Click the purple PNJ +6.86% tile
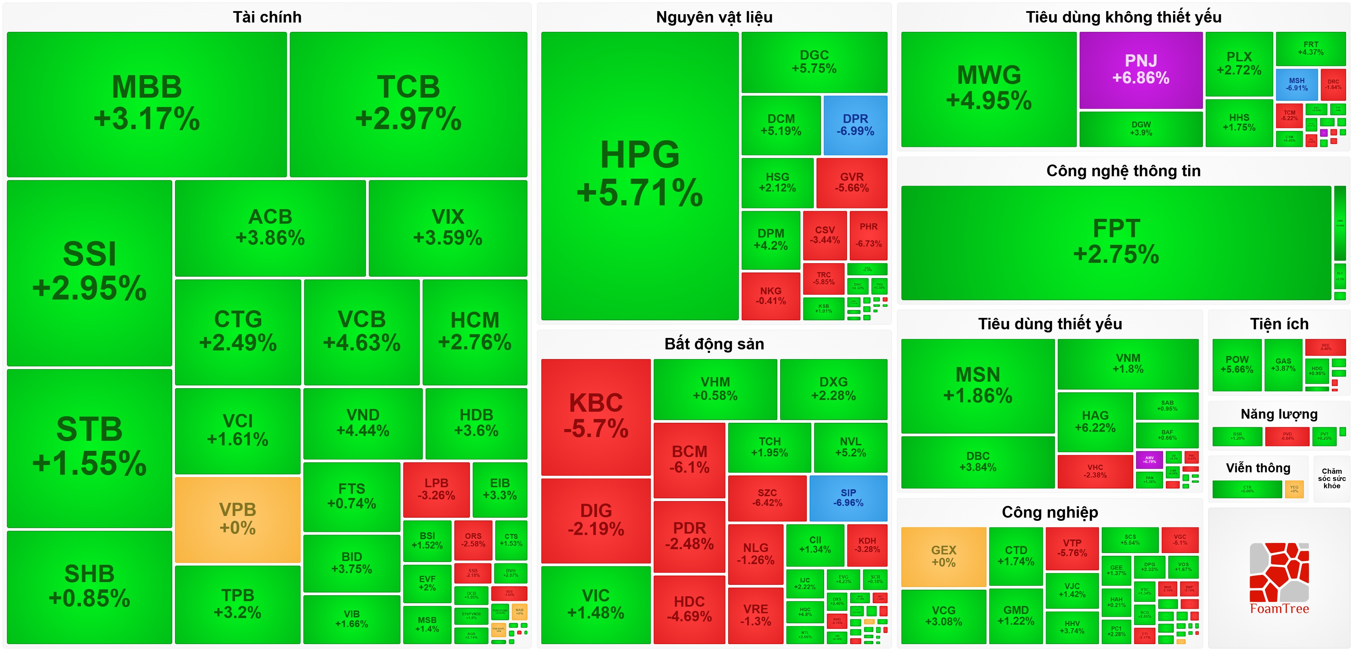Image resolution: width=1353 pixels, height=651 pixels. [x=1141, y=70]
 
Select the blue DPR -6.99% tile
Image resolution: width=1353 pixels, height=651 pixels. [x=855, y=125]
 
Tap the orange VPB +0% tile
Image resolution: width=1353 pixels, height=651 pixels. [x=237, y=519]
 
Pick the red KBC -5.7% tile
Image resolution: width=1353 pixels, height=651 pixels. [x=596, y=416]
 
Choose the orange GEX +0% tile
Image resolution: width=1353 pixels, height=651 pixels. [x=943, y=556]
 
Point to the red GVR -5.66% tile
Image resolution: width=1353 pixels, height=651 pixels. [x=852, y=182]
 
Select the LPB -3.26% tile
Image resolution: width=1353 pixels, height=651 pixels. [x=436, y=489]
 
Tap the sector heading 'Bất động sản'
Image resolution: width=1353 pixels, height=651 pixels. [x=714, y=344]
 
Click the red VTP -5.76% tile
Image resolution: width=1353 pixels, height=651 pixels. [x=1072, y=548]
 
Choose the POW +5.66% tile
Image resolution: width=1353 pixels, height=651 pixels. [x=1237, y=364]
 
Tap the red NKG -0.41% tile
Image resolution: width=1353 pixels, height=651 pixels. [x=770, y=296]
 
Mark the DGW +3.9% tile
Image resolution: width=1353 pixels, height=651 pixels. [x=1141, y=128]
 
